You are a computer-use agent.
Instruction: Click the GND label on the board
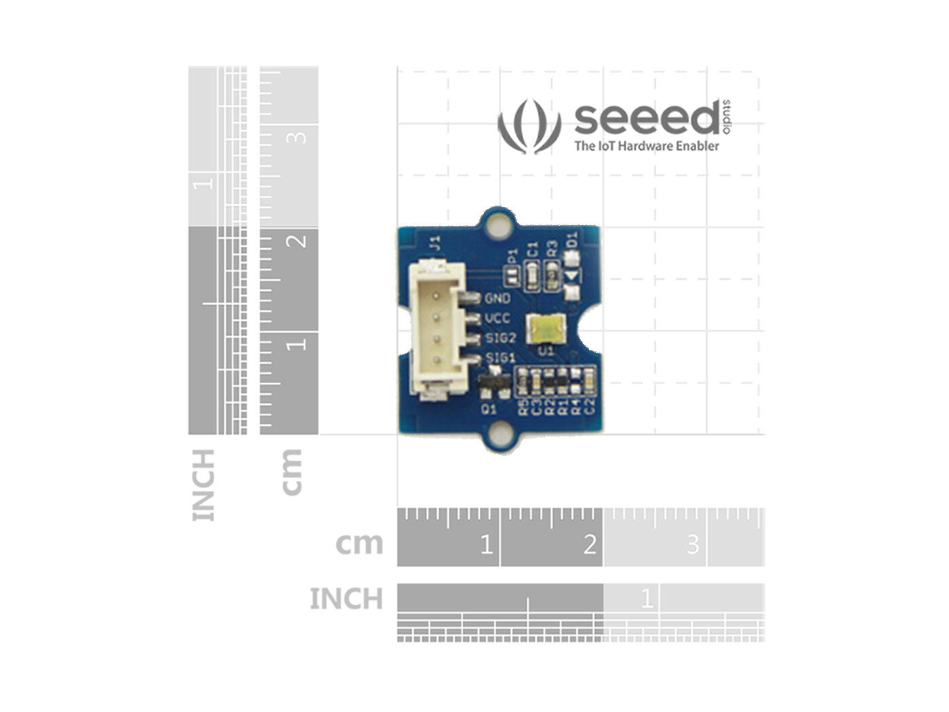[498, 298]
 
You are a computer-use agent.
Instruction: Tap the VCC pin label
[498, 318]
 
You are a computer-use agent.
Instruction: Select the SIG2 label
[501, 338]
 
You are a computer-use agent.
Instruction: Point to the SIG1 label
[501, 357]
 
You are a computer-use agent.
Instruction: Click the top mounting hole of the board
[501, 224]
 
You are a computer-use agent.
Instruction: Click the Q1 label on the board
[489, 409]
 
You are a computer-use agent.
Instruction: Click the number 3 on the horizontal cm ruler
[692, 544]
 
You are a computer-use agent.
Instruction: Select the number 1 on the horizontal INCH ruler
[647, 598]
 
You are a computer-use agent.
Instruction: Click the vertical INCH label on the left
[203, 484]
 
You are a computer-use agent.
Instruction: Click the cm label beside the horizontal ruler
[359, 543]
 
